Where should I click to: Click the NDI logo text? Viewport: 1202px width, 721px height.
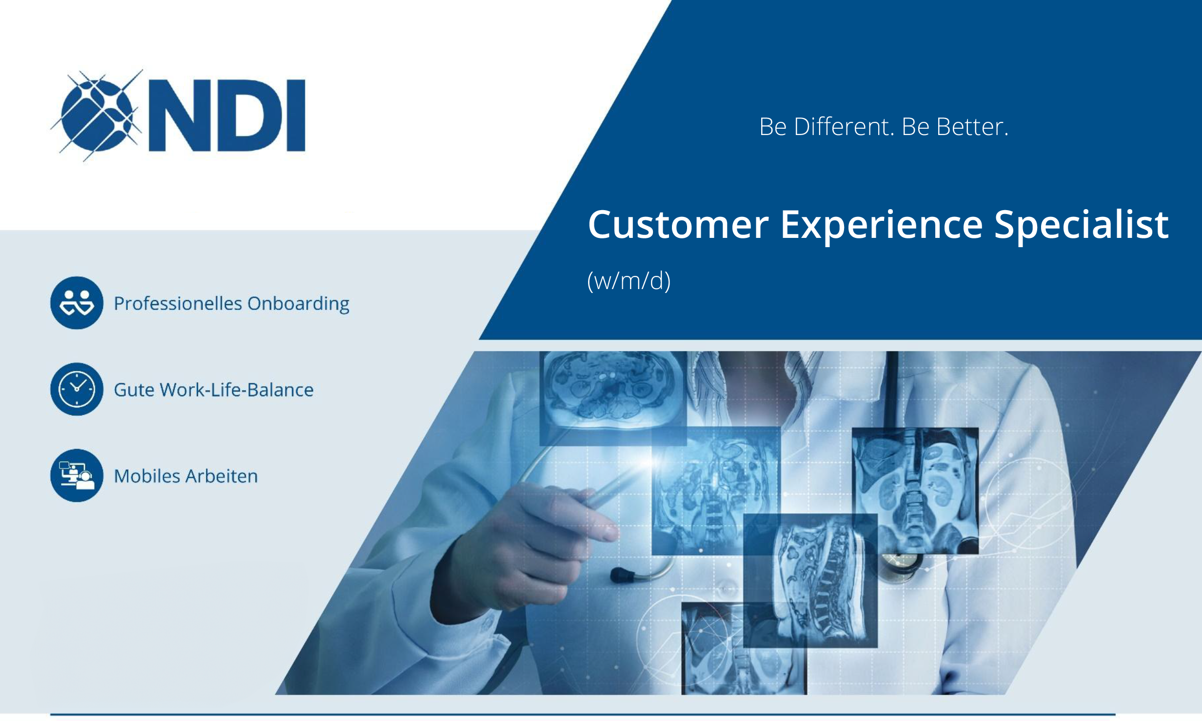click(227, 115)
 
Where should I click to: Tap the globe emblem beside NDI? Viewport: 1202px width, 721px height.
click(97, 115)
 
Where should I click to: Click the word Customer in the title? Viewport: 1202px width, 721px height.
click(678, 225)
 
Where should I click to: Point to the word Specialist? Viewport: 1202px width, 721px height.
click(1081, 225)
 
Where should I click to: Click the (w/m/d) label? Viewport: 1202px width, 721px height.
click(629, 281)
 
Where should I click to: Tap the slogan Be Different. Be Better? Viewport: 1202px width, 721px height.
click(884, 127)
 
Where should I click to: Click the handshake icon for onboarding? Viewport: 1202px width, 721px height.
click(77, 303)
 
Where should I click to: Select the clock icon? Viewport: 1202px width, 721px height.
click(77, 389)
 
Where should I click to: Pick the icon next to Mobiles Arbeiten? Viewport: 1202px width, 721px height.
click(77, 475)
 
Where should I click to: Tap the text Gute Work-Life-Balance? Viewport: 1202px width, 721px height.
click(214, 390)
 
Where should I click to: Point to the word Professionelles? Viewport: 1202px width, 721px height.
click(178, 303)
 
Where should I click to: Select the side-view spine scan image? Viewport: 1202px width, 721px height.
click(810, 580)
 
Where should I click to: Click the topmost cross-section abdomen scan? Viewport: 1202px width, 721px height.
click(613, 398)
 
